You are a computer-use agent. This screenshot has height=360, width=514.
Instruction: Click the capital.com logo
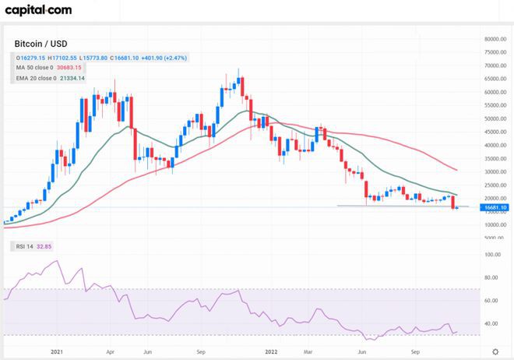(x=40, y=10)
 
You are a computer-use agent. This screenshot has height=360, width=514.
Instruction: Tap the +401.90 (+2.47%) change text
(x=161, y=58)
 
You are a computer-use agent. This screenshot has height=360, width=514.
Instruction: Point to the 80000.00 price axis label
(x=495, y=39)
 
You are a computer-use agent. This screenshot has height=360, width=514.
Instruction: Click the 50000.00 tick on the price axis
(x=495, y=118)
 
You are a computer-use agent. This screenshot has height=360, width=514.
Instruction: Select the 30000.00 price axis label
(x=495, y=171)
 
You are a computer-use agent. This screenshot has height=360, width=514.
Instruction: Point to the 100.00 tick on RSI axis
(x=491, y=255)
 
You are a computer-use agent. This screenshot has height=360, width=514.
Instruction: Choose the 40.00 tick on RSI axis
(x=491, y=323)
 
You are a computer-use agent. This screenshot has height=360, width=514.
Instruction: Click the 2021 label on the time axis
(x=57, y=352)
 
